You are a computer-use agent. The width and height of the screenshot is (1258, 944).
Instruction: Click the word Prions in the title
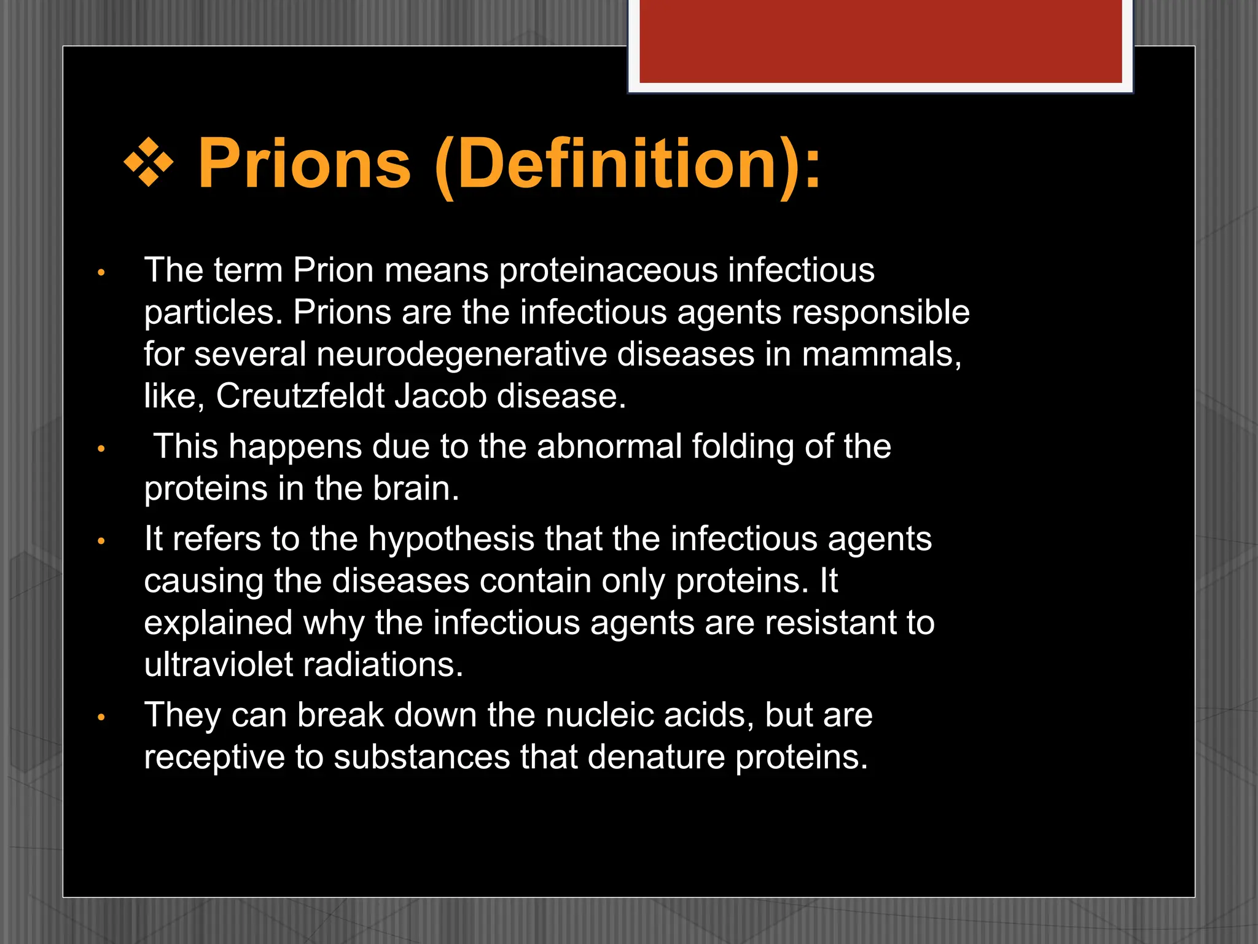pos(304,164)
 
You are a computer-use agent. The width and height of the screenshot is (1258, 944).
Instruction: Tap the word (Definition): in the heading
pos(627,164)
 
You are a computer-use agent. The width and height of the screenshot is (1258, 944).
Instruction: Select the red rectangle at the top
pos(880,41)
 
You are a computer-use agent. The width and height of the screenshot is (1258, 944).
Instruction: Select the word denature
pos(655,757)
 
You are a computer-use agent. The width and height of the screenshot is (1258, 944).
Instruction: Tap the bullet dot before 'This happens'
pos(101,449)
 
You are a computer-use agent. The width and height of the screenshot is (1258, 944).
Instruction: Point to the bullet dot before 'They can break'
pos(101,717)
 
